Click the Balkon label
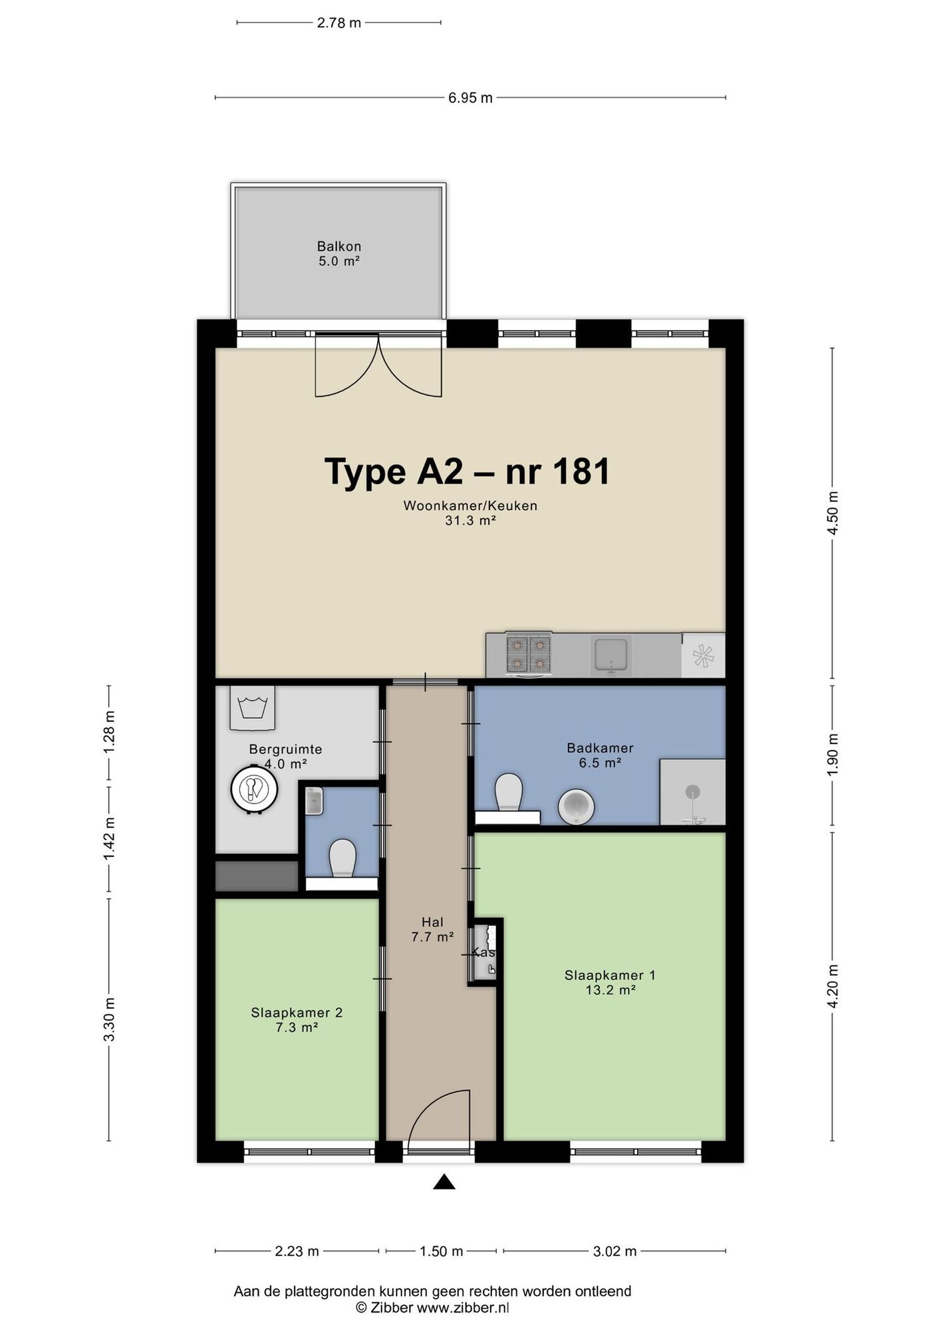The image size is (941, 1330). pos(339,247)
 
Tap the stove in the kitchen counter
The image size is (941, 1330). pos(529,654)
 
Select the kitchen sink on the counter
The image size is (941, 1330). pos(611,655)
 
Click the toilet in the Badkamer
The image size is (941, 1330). pos(509,793)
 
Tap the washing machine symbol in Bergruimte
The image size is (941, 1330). pos(253,708)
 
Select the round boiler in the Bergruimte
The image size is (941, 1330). pos(254,789)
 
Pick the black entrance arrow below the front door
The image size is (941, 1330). pos(444,1182)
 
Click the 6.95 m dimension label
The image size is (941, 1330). pos(470,98)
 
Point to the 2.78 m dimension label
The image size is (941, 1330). pos(339,23)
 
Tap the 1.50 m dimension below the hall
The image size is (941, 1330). pos(441,1251)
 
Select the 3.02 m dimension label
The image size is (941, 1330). pos(614,1251)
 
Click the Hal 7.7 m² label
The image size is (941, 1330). pos(432,929)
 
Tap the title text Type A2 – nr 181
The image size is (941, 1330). pos(467,471)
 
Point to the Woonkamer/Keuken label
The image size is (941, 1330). pos(470,505)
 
